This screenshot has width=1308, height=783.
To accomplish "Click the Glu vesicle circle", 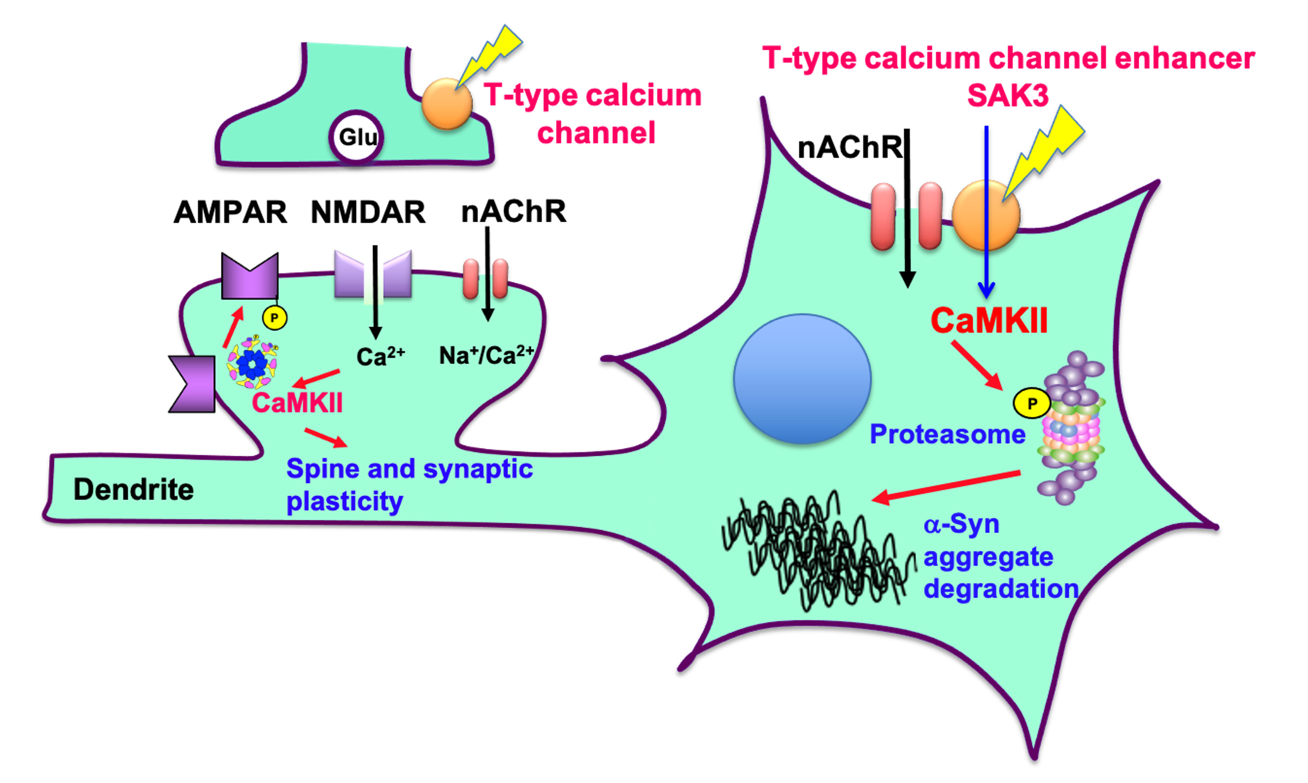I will click(x=357, y=137).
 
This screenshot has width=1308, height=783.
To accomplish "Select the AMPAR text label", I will click(x=230, y=212).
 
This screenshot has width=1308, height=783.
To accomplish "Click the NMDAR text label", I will click(x=368, y=212).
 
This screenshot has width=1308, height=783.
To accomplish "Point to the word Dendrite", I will click(x=134, y=490).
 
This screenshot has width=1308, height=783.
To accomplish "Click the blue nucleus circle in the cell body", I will click(x=802, y=379).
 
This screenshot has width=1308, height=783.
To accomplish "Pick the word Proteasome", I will click(x=948, y=434).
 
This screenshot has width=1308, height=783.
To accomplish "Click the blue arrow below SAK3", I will click(x=986, y=211).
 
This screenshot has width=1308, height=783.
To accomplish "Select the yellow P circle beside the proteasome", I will click(x=1031, y=404).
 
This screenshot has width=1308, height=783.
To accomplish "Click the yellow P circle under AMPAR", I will click(x=274, y=318).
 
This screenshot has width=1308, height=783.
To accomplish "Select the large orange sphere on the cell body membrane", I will click(x=986, y=215).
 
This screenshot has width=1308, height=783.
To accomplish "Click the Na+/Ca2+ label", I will click(x=486, y=355).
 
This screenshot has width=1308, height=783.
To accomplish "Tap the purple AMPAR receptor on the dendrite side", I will click(x=191, y=384).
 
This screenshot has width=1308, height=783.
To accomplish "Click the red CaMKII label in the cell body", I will click(x=989, y=320).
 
